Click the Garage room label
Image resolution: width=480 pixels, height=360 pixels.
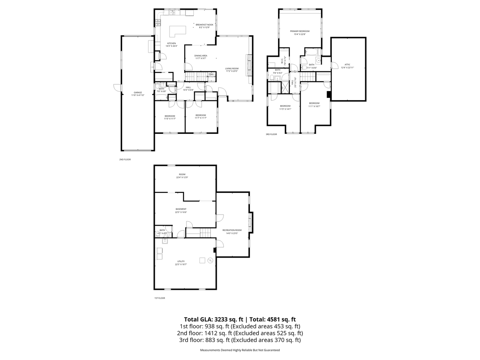point(138,94)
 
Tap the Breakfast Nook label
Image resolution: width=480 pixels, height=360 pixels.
point(204,26)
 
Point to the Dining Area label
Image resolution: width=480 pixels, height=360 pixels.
point(201,57)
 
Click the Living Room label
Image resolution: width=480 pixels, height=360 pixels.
point(232,69)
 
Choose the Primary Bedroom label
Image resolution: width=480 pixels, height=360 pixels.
point(300,32)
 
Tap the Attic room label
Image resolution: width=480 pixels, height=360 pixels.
point(347,66)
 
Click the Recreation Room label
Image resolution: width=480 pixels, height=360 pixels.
point(232,231)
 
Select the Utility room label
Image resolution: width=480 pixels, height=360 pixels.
point(181,263)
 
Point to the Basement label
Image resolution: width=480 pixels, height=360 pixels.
point(181,211)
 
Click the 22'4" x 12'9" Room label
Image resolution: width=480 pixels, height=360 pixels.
point(182,176)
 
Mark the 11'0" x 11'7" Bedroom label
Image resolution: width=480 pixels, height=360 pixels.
point(170,117)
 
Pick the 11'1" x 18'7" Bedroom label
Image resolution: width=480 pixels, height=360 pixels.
point(314,105)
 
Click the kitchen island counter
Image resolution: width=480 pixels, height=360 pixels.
point(178,30)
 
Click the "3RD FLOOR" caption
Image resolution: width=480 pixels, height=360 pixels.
point(271,134)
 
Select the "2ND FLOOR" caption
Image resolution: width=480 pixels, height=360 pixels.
point(125,159)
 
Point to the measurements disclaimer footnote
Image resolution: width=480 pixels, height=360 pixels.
point(240,350)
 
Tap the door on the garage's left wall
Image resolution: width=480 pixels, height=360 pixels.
point(116,87)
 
